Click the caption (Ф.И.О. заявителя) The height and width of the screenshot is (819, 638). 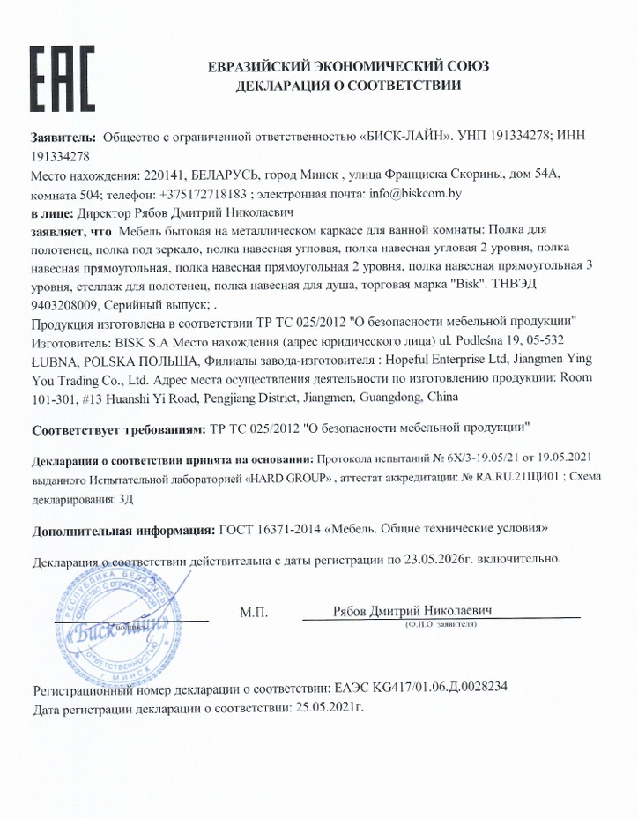click(x=441, y=624)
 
